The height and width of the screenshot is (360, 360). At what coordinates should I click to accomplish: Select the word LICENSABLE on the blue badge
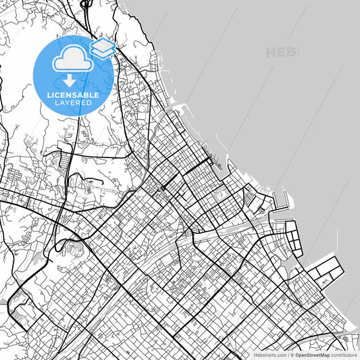tap(73, 95)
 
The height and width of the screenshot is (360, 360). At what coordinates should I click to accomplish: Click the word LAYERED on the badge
tap(73, 103)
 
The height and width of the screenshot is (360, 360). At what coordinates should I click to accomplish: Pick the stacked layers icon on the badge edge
tap(103, 47)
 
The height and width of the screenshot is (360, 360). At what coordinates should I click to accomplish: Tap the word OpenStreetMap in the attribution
tap(314, 354)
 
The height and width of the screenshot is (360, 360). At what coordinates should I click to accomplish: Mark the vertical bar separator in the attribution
tap(289, 354)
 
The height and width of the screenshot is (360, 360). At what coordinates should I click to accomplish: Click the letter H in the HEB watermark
tap(272, 52)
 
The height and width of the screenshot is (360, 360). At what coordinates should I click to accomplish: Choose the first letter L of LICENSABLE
tap(49, 95)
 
